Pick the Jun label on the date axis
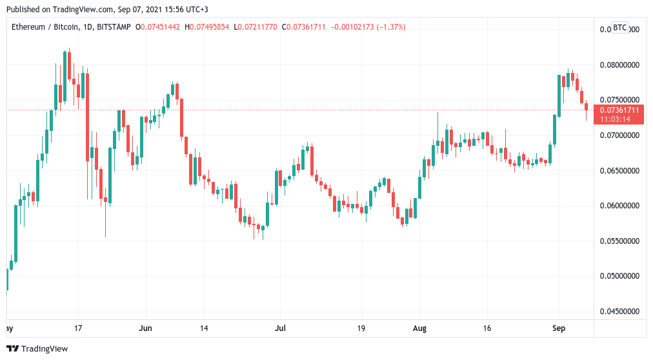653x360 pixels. (x=146, y=328)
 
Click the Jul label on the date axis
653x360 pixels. (x=280, y=328)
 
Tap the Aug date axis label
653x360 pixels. (x=420, y=328)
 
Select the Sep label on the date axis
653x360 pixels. (x=559, y=328)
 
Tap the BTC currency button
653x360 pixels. (x=619, y=28)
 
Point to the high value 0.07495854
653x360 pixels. (x=210, y=26)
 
